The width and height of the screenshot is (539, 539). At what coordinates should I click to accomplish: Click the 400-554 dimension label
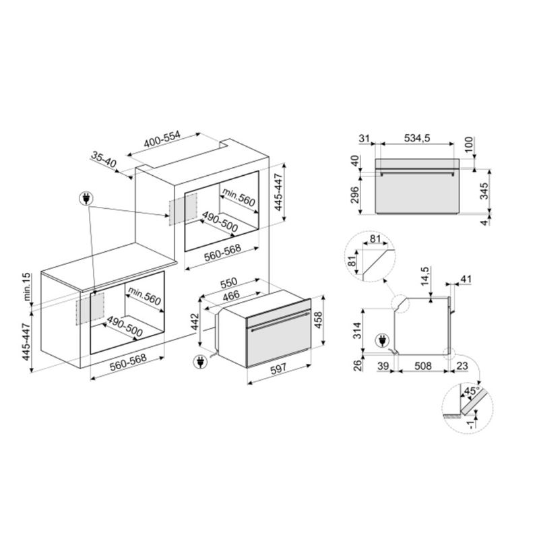[x=162, y=139]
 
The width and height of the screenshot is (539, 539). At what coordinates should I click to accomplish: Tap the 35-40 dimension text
[x=104, y=160]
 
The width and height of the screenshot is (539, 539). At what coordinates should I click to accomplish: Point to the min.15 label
[x=27, y=288]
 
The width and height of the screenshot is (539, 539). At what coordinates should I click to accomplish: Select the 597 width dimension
[x=278, y=369]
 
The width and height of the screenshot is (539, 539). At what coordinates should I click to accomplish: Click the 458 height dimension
[x=318, y=320]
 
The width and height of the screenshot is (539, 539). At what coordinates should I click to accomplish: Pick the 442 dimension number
[x=195, y=322]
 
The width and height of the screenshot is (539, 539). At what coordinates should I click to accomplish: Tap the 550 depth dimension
[x=229, y=282]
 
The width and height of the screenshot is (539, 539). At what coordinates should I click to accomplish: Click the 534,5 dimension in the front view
[x=417, y=138]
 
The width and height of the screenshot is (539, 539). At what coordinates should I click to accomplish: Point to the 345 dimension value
[x=484, y=191]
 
